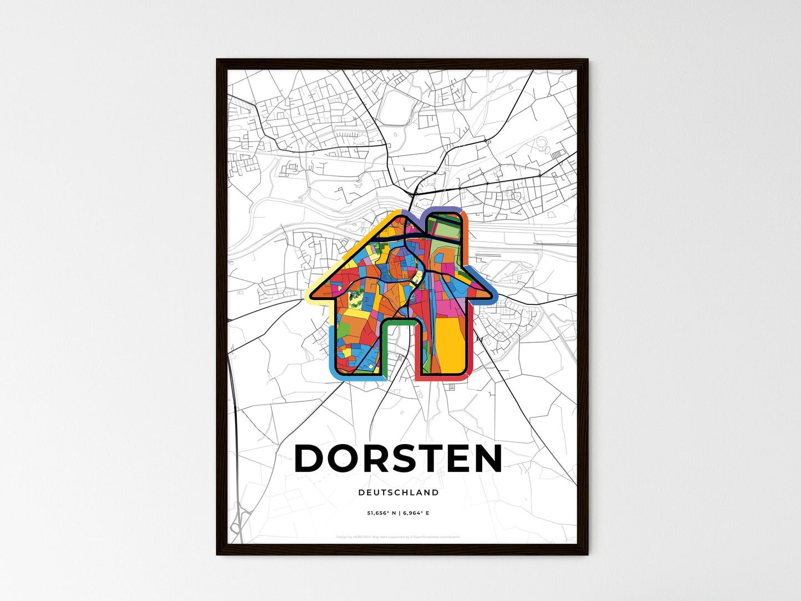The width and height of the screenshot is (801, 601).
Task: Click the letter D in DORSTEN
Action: (312, 459)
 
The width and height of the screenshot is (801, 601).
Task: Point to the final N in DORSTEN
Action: (486, 459)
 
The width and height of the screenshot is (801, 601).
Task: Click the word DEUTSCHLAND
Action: (398, 492)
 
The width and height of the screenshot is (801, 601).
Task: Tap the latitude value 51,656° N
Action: (381, 513)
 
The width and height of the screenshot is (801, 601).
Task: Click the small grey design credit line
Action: (398, 537)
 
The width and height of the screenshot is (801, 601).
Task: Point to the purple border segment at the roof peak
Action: (413, 217)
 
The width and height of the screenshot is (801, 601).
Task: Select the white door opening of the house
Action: (399, 349)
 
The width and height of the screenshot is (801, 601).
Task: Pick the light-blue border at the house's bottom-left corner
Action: (333, 370)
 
